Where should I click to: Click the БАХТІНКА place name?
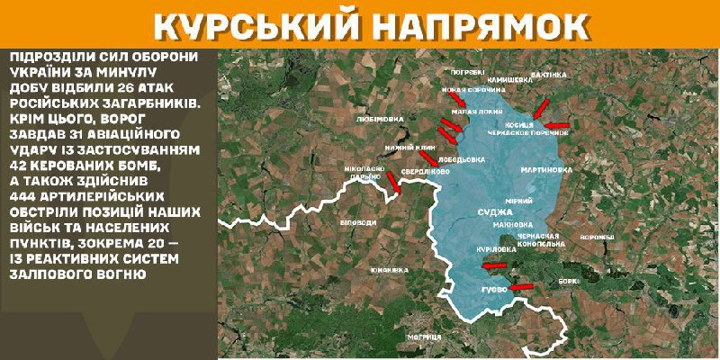click(549, 74)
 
